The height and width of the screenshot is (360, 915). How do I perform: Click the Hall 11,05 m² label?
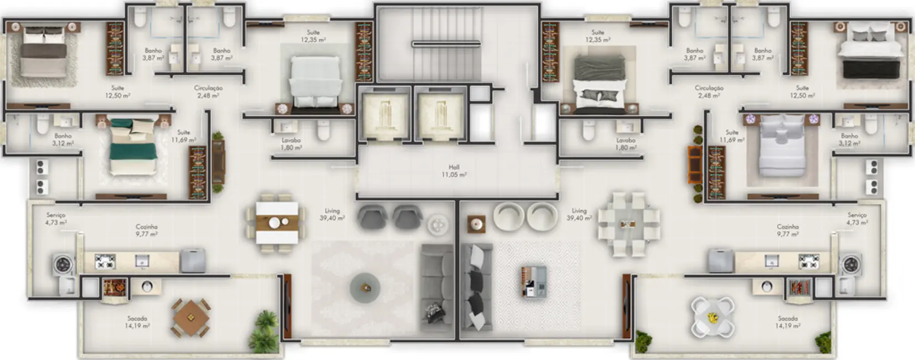pos(454,171)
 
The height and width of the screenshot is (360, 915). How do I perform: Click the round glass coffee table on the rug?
pos(365,287)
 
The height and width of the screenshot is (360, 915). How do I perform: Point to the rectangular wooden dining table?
pos(275,222)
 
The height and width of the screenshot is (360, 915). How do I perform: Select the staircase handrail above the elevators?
pos(446,44)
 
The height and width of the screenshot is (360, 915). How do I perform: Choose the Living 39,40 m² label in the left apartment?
pos(332,214)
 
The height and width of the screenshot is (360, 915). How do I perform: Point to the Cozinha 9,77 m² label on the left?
pos(147,230)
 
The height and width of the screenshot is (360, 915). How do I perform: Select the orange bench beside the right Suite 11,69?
pos(693,164)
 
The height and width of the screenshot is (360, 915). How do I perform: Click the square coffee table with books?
pos(533,281)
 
